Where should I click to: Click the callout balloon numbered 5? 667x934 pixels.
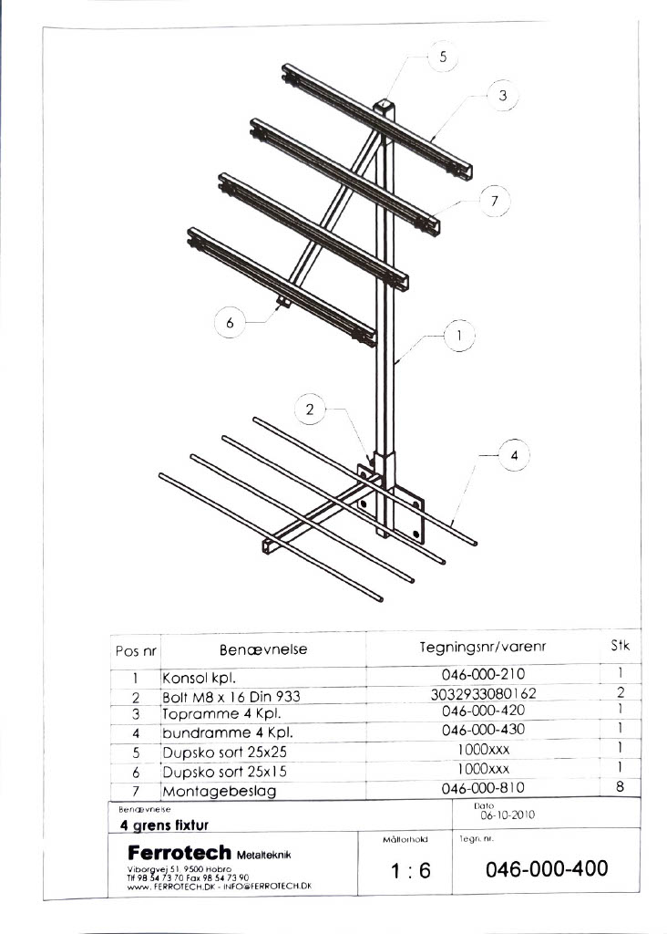[x=443, y=57]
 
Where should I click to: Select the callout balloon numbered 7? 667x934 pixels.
[x=494, y=200]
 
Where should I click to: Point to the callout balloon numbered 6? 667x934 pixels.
[x=231, y=323]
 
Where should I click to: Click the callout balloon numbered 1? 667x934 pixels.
[x=460, y=336]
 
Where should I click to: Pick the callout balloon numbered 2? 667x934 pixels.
[x=310, y=410]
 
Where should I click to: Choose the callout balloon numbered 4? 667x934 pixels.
[x=514, y=454]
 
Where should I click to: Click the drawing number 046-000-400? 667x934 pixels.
[x=547, y=869]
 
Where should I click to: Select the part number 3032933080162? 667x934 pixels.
[x=483, y=694]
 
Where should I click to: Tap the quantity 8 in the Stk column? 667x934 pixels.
[x=620, y=787]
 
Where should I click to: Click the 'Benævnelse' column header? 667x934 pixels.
[x=263, y=650]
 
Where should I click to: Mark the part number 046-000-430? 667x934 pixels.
[x=483, y=730]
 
